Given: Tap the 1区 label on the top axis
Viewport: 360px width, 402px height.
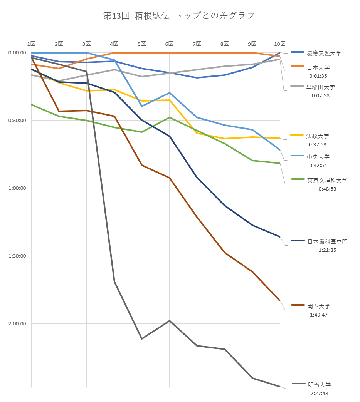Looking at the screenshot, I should tap(31, 44).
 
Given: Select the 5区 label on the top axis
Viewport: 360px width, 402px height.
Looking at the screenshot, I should tap(142, 44).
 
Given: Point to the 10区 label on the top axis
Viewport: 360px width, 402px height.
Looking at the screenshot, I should tap(279, 44).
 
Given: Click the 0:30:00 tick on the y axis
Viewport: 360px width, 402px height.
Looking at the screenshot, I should tap(17, 121).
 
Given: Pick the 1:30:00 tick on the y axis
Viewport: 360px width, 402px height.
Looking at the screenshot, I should tap(17, 256).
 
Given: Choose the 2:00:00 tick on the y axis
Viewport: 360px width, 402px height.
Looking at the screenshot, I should tap(17, 324).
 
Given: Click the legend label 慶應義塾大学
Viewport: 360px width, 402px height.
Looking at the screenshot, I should tap(324, 53).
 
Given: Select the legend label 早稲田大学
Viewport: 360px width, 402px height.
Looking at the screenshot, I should tap(320, 87).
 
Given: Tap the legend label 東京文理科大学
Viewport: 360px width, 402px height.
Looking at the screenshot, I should tap(327, 180).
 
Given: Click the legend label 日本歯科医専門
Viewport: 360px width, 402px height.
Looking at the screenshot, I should tap(327, 241).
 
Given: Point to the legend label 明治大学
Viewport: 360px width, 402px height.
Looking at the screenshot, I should tap(319, 385).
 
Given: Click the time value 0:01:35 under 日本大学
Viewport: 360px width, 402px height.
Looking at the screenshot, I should tap(318, 76).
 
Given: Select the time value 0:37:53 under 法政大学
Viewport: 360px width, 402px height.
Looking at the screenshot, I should tap(318, 145).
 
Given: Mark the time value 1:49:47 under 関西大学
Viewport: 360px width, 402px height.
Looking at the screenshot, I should tap(318, 315).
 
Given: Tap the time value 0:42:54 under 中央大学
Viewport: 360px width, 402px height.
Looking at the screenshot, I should tap(318, 166).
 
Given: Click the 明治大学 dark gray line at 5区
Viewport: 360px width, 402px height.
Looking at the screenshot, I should tap(142, 338).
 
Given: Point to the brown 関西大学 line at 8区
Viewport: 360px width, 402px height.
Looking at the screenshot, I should tap(225, 253).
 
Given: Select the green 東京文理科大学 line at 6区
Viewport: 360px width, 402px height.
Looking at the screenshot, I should tap(170, 117).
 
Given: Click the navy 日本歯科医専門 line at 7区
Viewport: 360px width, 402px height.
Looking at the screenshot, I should tap(197, 177).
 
